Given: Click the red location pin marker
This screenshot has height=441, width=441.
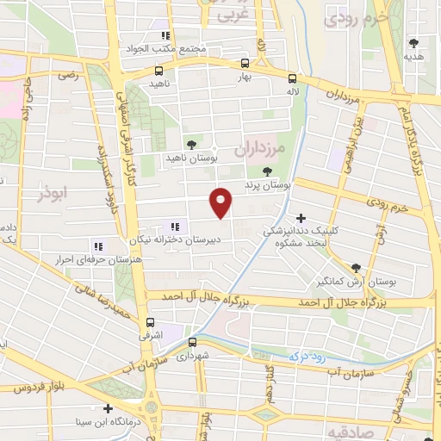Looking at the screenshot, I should click(222, 202).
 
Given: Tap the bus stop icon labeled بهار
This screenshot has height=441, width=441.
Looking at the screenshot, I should click(245, 63).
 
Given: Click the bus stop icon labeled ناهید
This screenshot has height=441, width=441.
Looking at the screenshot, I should click(158, 71).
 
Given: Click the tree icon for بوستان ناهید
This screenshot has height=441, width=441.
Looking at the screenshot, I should click(190, 145).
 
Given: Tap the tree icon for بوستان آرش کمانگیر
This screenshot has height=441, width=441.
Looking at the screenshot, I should click(357, 268).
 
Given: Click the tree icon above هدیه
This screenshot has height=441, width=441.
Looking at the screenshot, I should click(414, 41).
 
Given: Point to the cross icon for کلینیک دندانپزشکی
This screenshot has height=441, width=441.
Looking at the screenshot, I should click(301, 218).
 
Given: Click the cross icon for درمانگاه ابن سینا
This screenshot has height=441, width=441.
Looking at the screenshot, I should click(108, 408).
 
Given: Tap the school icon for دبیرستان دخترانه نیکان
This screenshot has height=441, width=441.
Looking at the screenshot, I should click(177, 227).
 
